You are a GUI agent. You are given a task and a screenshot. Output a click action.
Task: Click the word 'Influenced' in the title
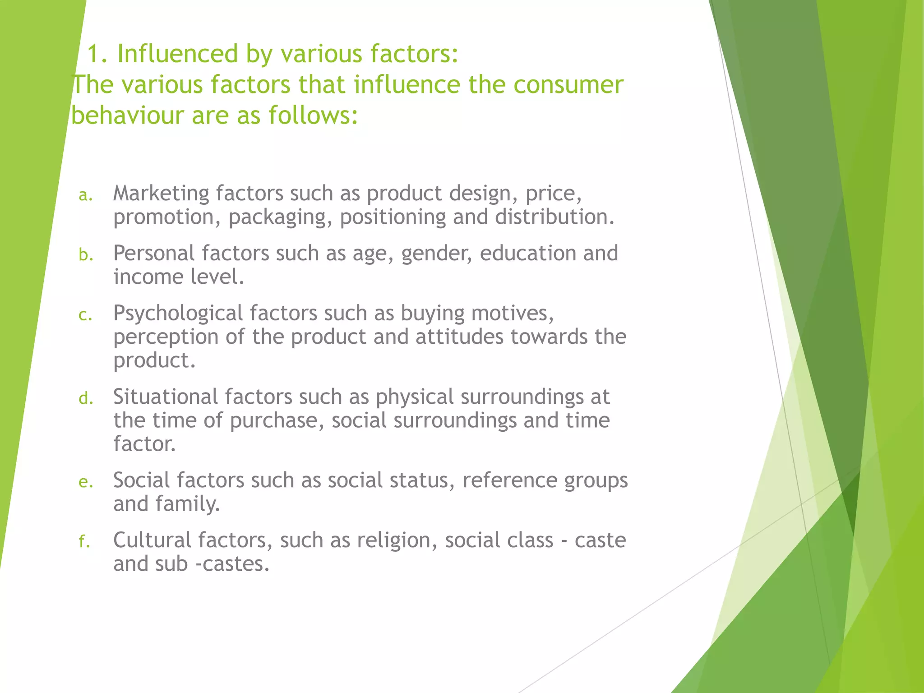point(177,54)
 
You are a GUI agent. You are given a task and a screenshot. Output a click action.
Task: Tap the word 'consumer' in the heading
point(568,85)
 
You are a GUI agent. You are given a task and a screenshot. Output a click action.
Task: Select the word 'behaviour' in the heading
point(128,115)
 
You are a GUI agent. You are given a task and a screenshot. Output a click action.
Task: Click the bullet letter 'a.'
point(86,195)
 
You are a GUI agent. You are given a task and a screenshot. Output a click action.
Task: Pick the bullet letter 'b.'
point(86,255)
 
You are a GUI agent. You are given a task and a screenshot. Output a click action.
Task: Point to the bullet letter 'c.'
point(86,315)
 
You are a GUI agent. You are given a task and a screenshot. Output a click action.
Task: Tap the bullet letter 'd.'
point(86,399)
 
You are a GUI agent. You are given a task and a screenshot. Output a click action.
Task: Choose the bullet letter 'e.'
point(86,482)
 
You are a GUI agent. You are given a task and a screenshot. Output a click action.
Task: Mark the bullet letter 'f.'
point(84,541)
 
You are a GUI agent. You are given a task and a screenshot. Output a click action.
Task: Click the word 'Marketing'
point(161,194)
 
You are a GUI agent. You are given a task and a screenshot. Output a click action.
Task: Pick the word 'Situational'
point(165,397)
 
